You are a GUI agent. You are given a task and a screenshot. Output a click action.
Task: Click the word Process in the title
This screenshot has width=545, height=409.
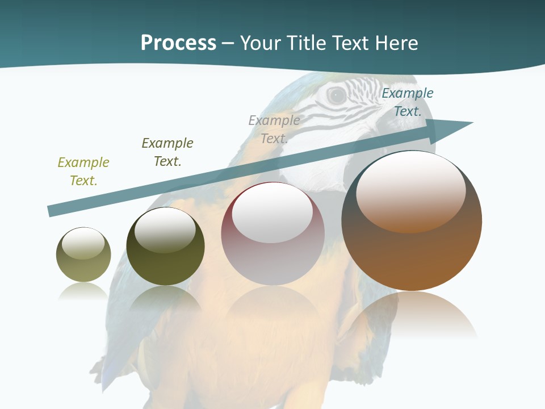[x=178, y=43]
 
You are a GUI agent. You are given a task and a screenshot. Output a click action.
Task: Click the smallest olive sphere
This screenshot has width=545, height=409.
[x=83, y=255]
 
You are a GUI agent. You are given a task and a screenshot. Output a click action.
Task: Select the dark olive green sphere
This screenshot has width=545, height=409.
[x=165, y=247]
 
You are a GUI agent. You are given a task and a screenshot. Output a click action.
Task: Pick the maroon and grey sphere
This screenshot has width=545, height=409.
[x=272, y=234]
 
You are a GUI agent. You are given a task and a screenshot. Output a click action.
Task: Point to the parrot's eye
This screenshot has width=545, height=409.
[x=337, y=95]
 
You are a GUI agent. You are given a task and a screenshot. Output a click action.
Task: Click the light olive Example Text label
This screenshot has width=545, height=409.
[x=83, y=172]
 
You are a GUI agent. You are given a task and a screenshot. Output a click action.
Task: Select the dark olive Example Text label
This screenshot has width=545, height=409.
[x=167, y=152]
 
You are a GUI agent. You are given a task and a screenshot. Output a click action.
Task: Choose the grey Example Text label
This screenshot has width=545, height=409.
[x=274, y=130]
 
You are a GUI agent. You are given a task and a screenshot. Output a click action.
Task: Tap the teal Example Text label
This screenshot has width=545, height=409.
[x=408, y=102]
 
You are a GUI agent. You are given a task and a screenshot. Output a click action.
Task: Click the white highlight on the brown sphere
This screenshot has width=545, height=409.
[x=410, y=191]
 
